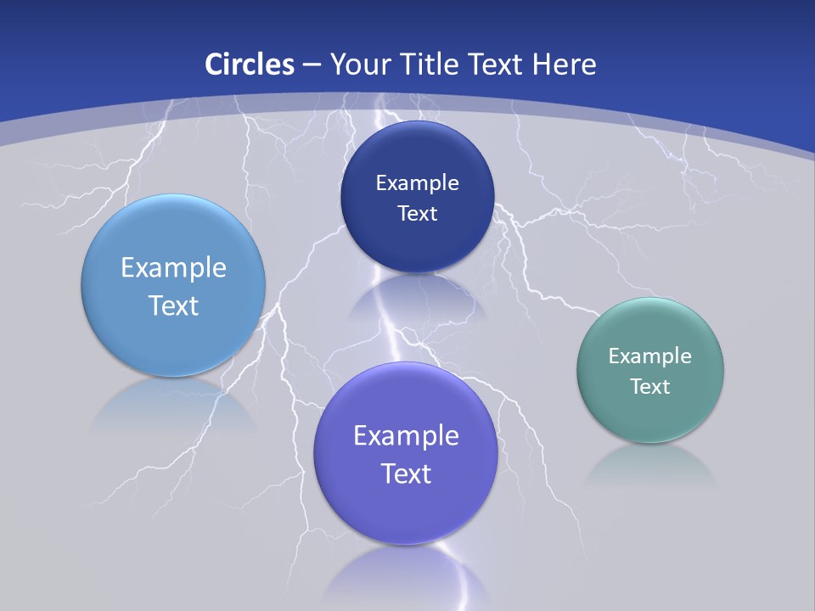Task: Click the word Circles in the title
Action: [249, 64]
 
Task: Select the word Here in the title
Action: [564, 64]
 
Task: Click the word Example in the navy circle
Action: [417, 182]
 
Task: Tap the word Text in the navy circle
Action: [417, 213]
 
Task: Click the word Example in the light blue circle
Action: [173, 268]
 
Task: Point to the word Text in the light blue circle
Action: [173, 305]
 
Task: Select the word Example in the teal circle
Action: [650, 356]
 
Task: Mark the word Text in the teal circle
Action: [650, 386]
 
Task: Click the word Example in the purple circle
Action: [406, 436]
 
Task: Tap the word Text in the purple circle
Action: [406, 474]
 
